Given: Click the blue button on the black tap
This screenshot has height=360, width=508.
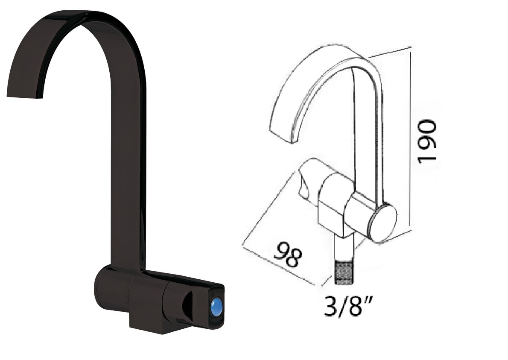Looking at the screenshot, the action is pyautogui.click(x=216, y=307).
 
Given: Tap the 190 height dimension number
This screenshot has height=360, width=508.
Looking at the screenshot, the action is pyautogui.click(x=427, y=142).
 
